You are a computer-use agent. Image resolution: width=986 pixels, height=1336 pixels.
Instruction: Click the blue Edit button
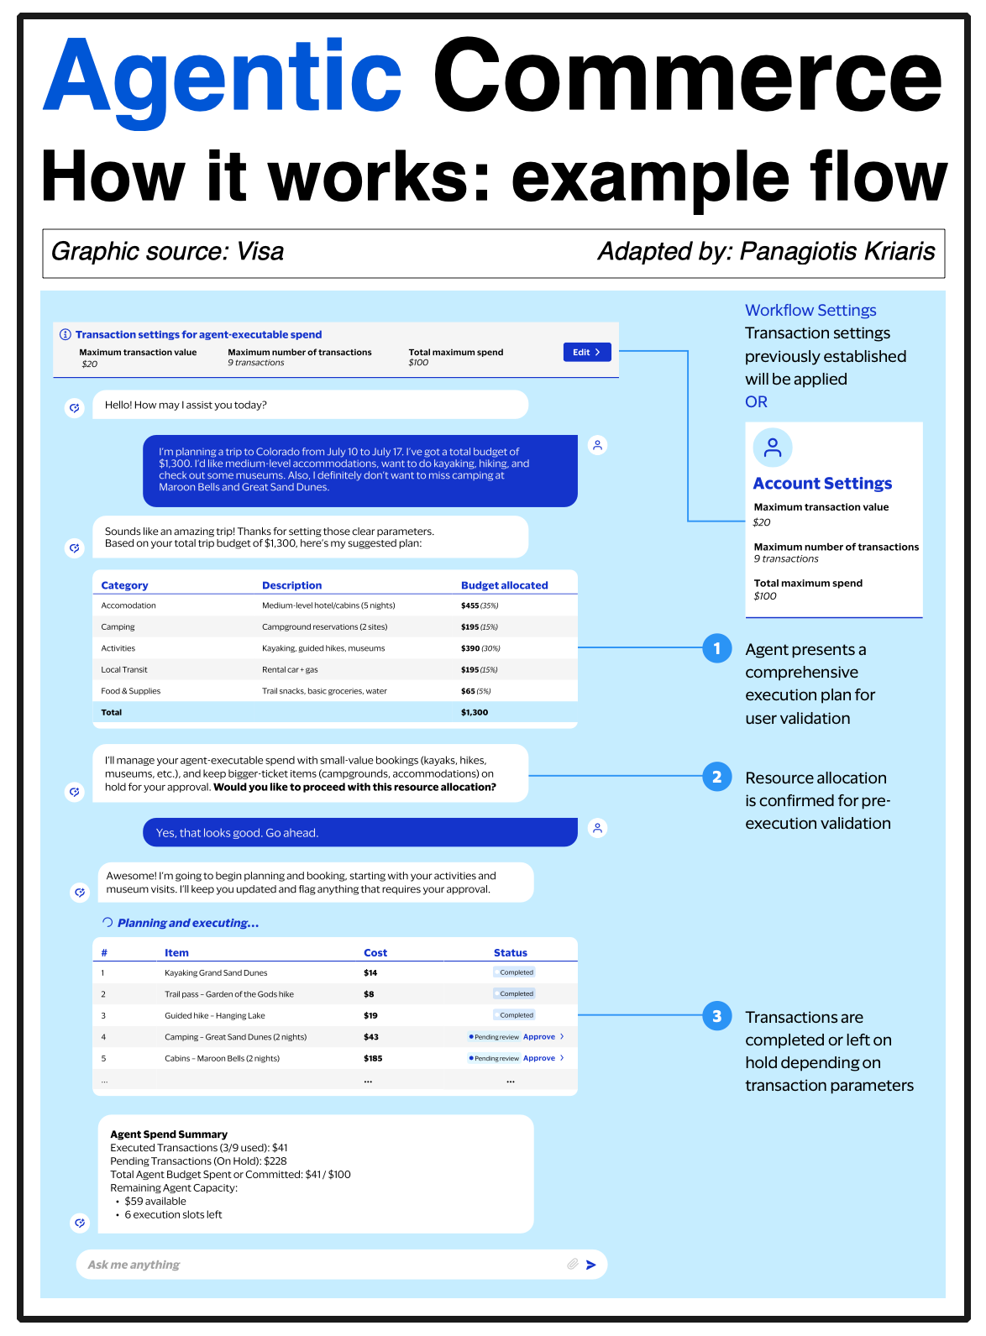[x=586, y=353]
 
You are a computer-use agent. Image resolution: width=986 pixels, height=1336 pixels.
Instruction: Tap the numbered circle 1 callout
[x=716, y=648]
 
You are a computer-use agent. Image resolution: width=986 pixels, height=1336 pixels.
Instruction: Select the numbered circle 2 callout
[x=716, y=777]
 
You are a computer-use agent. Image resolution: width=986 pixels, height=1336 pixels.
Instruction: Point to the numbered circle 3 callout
[x=716, y=1016]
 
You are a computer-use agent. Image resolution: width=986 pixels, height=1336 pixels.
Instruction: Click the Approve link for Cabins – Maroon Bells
[x=539, y=1058]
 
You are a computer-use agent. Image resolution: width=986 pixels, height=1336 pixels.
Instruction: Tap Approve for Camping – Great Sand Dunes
[x=539, y=1037]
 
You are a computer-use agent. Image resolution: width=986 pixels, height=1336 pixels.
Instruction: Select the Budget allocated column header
[x=504, y=585]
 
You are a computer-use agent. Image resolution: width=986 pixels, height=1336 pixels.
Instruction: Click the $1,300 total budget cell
[x=475, y=712]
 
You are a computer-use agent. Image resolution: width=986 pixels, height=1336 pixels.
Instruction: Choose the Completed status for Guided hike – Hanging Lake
[x=515, y=1015]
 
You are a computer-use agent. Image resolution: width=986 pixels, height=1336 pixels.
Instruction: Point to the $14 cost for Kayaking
[x=370, y=973]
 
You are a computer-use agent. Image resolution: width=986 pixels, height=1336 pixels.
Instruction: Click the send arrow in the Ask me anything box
[x=591, y=1265]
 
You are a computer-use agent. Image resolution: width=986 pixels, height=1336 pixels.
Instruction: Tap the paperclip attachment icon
[x=572, y=1264]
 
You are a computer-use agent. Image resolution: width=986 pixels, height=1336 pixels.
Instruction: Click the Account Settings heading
[x=822, y=484]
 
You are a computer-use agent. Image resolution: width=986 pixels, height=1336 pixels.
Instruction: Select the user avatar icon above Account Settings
[x=773, y=448]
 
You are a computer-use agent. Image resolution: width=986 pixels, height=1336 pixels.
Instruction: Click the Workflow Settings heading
[x=810, y=311]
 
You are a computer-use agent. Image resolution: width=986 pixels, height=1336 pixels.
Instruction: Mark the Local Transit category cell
[x=124, y=670]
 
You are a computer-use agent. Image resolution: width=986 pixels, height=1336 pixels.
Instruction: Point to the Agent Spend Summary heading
[x=169, y=1134]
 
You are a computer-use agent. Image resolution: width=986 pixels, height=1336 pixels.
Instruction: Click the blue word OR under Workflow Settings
[x=756, y=402]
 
